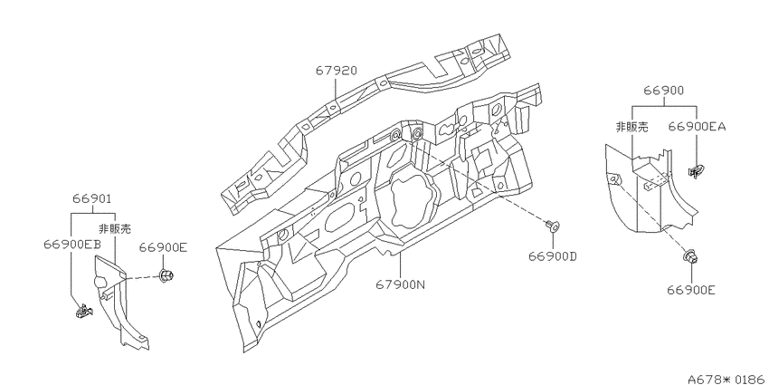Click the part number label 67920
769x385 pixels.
[x=336, y=71]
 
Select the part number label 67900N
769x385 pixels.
[x=400, y=284]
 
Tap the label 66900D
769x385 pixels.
[x=553, y=256]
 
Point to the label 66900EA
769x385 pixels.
[x=697, y=127]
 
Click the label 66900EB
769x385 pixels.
[x=71, y=245]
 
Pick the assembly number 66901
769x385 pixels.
[x=92, y=199]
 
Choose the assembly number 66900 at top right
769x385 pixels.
[x=664, y=91]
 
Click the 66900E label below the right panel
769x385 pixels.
[x=691, y=290]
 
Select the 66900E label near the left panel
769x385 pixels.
[x=163, y=247]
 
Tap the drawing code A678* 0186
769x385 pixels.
[x=727, y=379]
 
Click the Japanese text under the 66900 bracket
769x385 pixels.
[x=631, y=127]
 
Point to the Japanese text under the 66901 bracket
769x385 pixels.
[x=115, y=228]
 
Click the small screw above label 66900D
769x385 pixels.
[x=553, y=226]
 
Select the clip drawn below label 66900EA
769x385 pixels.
[x=696, y=172]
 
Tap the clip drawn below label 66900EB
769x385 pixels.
[x=84, y=311]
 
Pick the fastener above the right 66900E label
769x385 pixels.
[x=690, y=256]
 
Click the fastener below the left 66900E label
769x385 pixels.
[x=166, y=274]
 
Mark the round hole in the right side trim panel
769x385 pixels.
[x=613, y=179]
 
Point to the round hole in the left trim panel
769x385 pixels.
[x=100, y=282]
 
